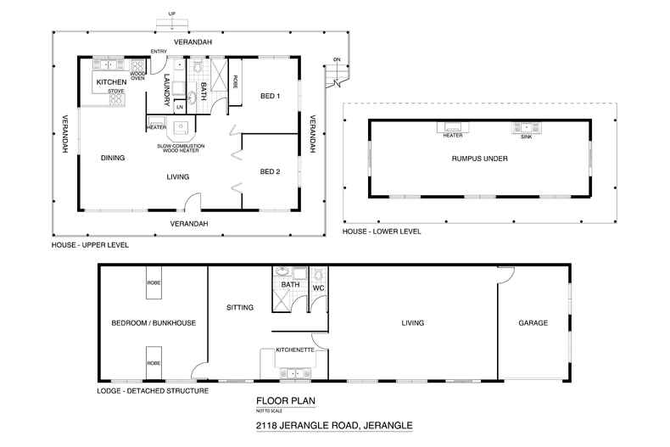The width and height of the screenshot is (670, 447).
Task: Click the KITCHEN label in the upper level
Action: [111, 82]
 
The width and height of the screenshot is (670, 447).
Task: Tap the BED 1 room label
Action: [270, 95]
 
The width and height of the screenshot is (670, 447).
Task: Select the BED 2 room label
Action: [270, 171]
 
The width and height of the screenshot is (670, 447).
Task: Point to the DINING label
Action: [113, 158]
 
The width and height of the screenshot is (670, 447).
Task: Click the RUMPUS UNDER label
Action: [479, 158]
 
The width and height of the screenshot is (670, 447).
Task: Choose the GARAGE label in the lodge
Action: [533, 323]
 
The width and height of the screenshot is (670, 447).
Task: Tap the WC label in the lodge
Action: [318, 287]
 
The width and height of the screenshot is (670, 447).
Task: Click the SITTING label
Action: [240, 307]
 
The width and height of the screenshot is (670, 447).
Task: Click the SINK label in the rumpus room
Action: [526, 136]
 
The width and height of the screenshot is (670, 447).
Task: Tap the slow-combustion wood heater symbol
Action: [180, 128]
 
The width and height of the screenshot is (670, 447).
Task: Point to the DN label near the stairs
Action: [337, 59]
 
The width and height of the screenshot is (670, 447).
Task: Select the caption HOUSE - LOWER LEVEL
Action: [381, 231]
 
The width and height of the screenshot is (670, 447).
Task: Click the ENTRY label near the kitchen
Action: [159, 52]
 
